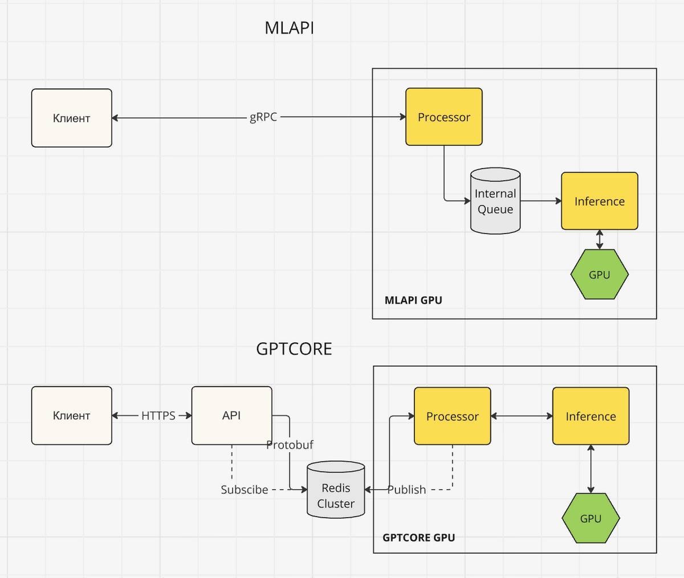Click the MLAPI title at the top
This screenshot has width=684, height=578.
(x=289, y=28)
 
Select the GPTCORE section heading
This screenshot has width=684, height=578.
(x=294, y=349)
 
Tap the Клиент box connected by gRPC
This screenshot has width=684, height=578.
(x=71, y=118)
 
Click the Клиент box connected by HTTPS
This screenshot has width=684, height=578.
(x=71, y=416)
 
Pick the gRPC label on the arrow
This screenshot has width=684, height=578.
(x=263, y=117)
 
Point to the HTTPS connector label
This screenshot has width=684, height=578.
(x=158, y=416)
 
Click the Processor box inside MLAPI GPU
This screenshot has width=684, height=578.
(x=443, y=117)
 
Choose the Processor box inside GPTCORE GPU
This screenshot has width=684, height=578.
(x=452, y=416)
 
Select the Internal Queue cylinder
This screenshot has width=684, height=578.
(x=495, y=201)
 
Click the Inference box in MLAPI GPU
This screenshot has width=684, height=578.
(x=599, y=201)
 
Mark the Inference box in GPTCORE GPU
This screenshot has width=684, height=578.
(x=591, y=416)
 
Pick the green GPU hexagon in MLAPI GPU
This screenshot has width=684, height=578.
(x=599, y=274)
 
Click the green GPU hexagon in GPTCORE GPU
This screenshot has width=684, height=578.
(x=591, y=518)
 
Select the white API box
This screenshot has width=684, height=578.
(x=231, y=416)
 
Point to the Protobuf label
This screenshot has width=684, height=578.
(x=290, y=445)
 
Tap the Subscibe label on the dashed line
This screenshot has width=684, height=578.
(x=245, y=490)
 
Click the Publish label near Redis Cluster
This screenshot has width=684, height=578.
(x=406, y=490)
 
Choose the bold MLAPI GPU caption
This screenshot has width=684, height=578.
(x=413, y=300)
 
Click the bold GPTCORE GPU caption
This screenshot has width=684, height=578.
(x=418, y=537)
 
